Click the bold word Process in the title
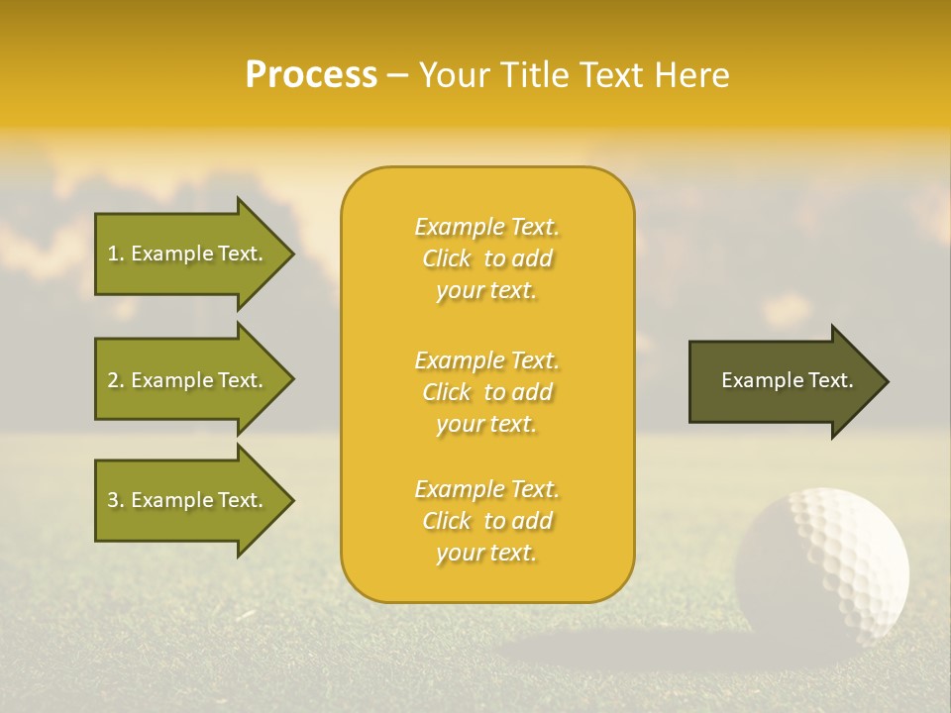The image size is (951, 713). pos(311,75)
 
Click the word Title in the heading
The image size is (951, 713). pos(533,75)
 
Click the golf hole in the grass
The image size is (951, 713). pos(594,649)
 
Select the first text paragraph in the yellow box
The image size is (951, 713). pos(486,258)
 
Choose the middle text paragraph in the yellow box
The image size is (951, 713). pos(486,392)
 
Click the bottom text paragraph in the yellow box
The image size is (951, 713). pos(486,521)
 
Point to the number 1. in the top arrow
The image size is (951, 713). pos(116,254)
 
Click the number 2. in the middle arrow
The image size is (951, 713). pos(116,380)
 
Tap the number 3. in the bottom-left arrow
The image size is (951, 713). pos(116,500)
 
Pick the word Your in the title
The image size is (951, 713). pos(452,75)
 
